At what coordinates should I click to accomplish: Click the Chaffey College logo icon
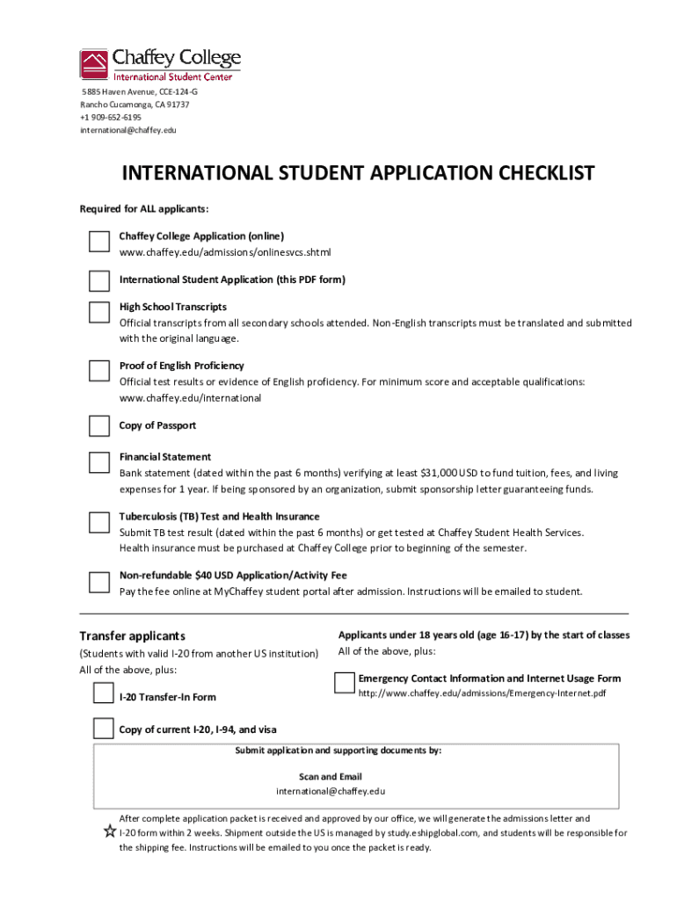pos(94,64)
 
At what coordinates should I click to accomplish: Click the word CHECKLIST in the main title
pos(528,173)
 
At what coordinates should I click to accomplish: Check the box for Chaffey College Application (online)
pos(98,241)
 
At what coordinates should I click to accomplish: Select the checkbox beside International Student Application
pos(98,280)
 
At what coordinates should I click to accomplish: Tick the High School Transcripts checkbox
pos(98,312)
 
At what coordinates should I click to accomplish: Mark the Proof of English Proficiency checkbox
pos(98,370)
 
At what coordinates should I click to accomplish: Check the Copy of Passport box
pos(98,426)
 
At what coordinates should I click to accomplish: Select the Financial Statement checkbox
pos(98,461)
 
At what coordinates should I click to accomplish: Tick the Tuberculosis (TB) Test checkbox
pos(98,521)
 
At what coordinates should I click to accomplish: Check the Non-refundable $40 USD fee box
pos(98,581)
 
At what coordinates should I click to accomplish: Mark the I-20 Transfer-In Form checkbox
pos(104,694)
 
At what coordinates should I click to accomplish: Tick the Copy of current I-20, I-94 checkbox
pos(104,728)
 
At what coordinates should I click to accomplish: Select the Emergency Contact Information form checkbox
pos(345,682)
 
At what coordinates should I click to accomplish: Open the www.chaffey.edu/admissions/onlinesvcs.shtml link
pos(225,253)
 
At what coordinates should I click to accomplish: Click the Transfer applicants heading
pos(132,636)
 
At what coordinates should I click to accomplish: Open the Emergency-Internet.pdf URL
pos(482,694)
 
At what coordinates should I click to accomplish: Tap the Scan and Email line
pos(331,777)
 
